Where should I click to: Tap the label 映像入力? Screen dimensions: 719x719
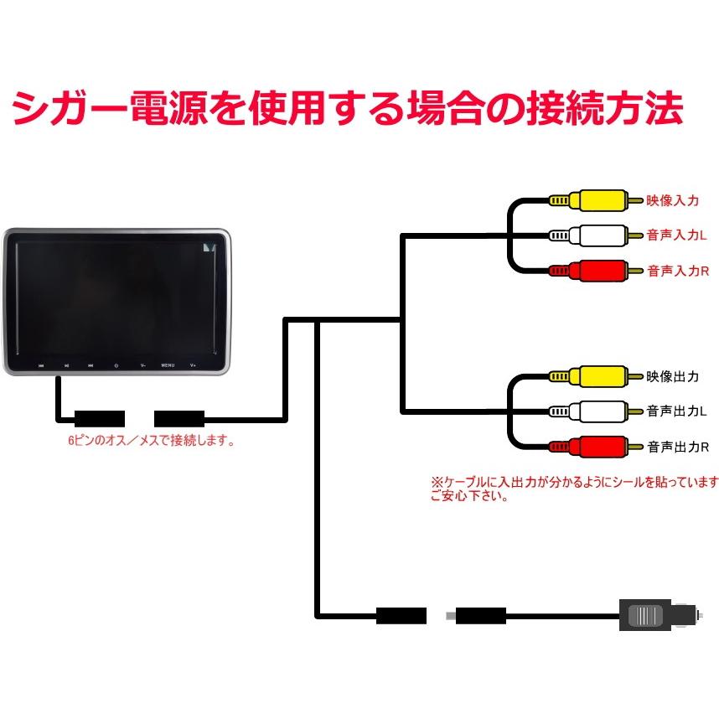(672, 201)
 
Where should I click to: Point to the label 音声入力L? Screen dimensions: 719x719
(677, 236)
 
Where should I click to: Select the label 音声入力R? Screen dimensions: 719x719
(678, 272)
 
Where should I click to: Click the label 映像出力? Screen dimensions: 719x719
(672, 377)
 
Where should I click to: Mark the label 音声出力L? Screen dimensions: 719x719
(677, 412)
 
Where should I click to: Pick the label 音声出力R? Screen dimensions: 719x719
(678, 447)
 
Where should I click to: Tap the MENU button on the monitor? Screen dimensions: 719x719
(168, 365)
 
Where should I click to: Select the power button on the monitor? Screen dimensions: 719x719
(116, 365)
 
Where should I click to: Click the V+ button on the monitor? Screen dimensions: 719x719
(193, 365)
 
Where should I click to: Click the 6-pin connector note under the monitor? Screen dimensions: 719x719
(151, 441)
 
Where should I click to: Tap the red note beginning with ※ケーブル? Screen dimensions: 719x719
(574, 489)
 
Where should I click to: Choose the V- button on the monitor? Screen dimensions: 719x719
(142, 365)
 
